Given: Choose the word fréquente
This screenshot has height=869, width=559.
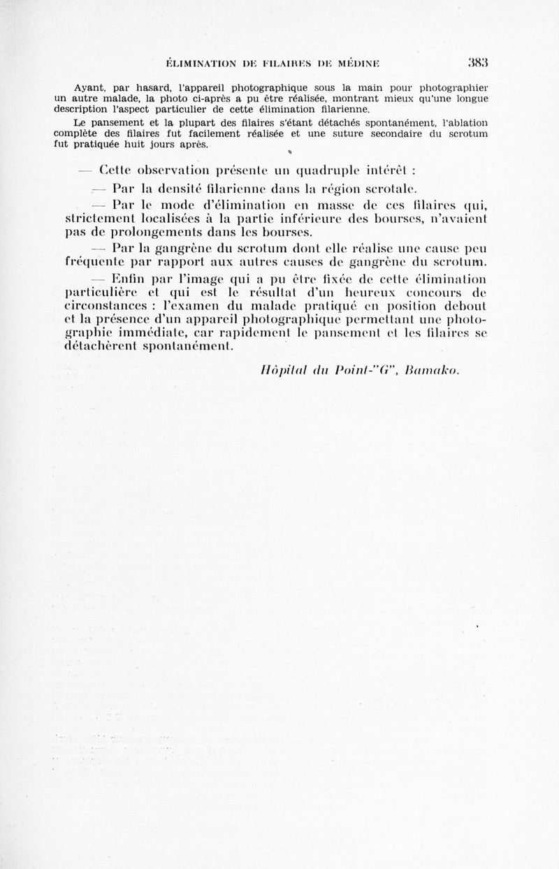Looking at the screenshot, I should tap(92, 263).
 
